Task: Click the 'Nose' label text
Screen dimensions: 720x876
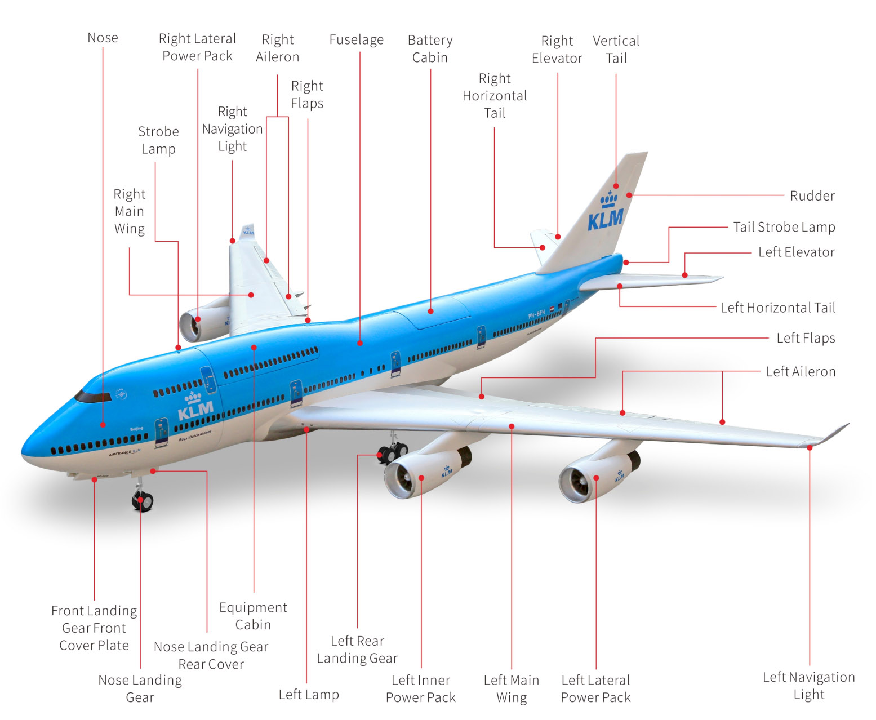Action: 103,38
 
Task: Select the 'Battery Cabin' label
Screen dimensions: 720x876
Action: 430,49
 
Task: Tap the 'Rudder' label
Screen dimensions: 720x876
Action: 812,196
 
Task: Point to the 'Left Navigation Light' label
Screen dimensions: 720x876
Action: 808,686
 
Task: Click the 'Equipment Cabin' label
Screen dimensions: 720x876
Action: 253,616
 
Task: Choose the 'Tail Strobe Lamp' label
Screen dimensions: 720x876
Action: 784,227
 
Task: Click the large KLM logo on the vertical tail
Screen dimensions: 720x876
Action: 606,212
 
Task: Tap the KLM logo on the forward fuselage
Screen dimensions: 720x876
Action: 195,406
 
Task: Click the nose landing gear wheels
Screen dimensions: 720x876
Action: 143,500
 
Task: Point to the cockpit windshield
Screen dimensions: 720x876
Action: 93,397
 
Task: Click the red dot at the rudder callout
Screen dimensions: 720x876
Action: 629,195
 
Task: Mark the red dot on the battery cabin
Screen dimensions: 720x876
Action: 430,311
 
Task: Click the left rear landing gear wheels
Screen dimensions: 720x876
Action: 393,452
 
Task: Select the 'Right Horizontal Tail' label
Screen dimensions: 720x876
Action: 495,96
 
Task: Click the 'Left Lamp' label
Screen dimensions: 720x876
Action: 309,694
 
